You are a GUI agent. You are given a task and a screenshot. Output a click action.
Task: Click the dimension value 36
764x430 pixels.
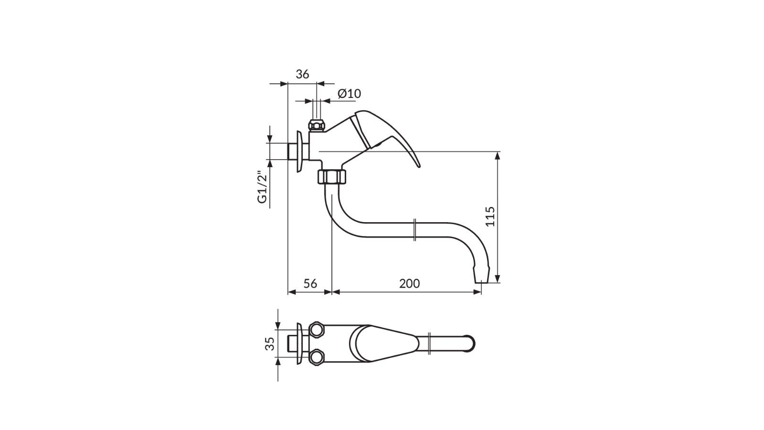tap(302, 74)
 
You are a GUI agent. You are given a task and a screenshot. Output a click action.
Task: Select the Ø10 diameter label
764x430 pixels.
tap(349, 94)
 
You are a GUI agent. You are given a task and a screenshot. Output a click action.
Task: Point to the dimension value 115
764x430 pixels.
tap(490, 216)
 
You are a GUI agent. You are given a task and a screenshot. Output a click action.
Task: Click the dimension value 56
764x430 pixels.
tap(310, 283)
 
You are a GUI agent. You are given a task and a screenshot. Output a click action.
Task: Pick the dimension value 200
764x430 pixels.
tap(410, 283)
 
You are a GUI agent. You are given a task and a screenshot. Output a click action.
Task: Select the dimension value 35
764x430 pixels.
tap(269, 344)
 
